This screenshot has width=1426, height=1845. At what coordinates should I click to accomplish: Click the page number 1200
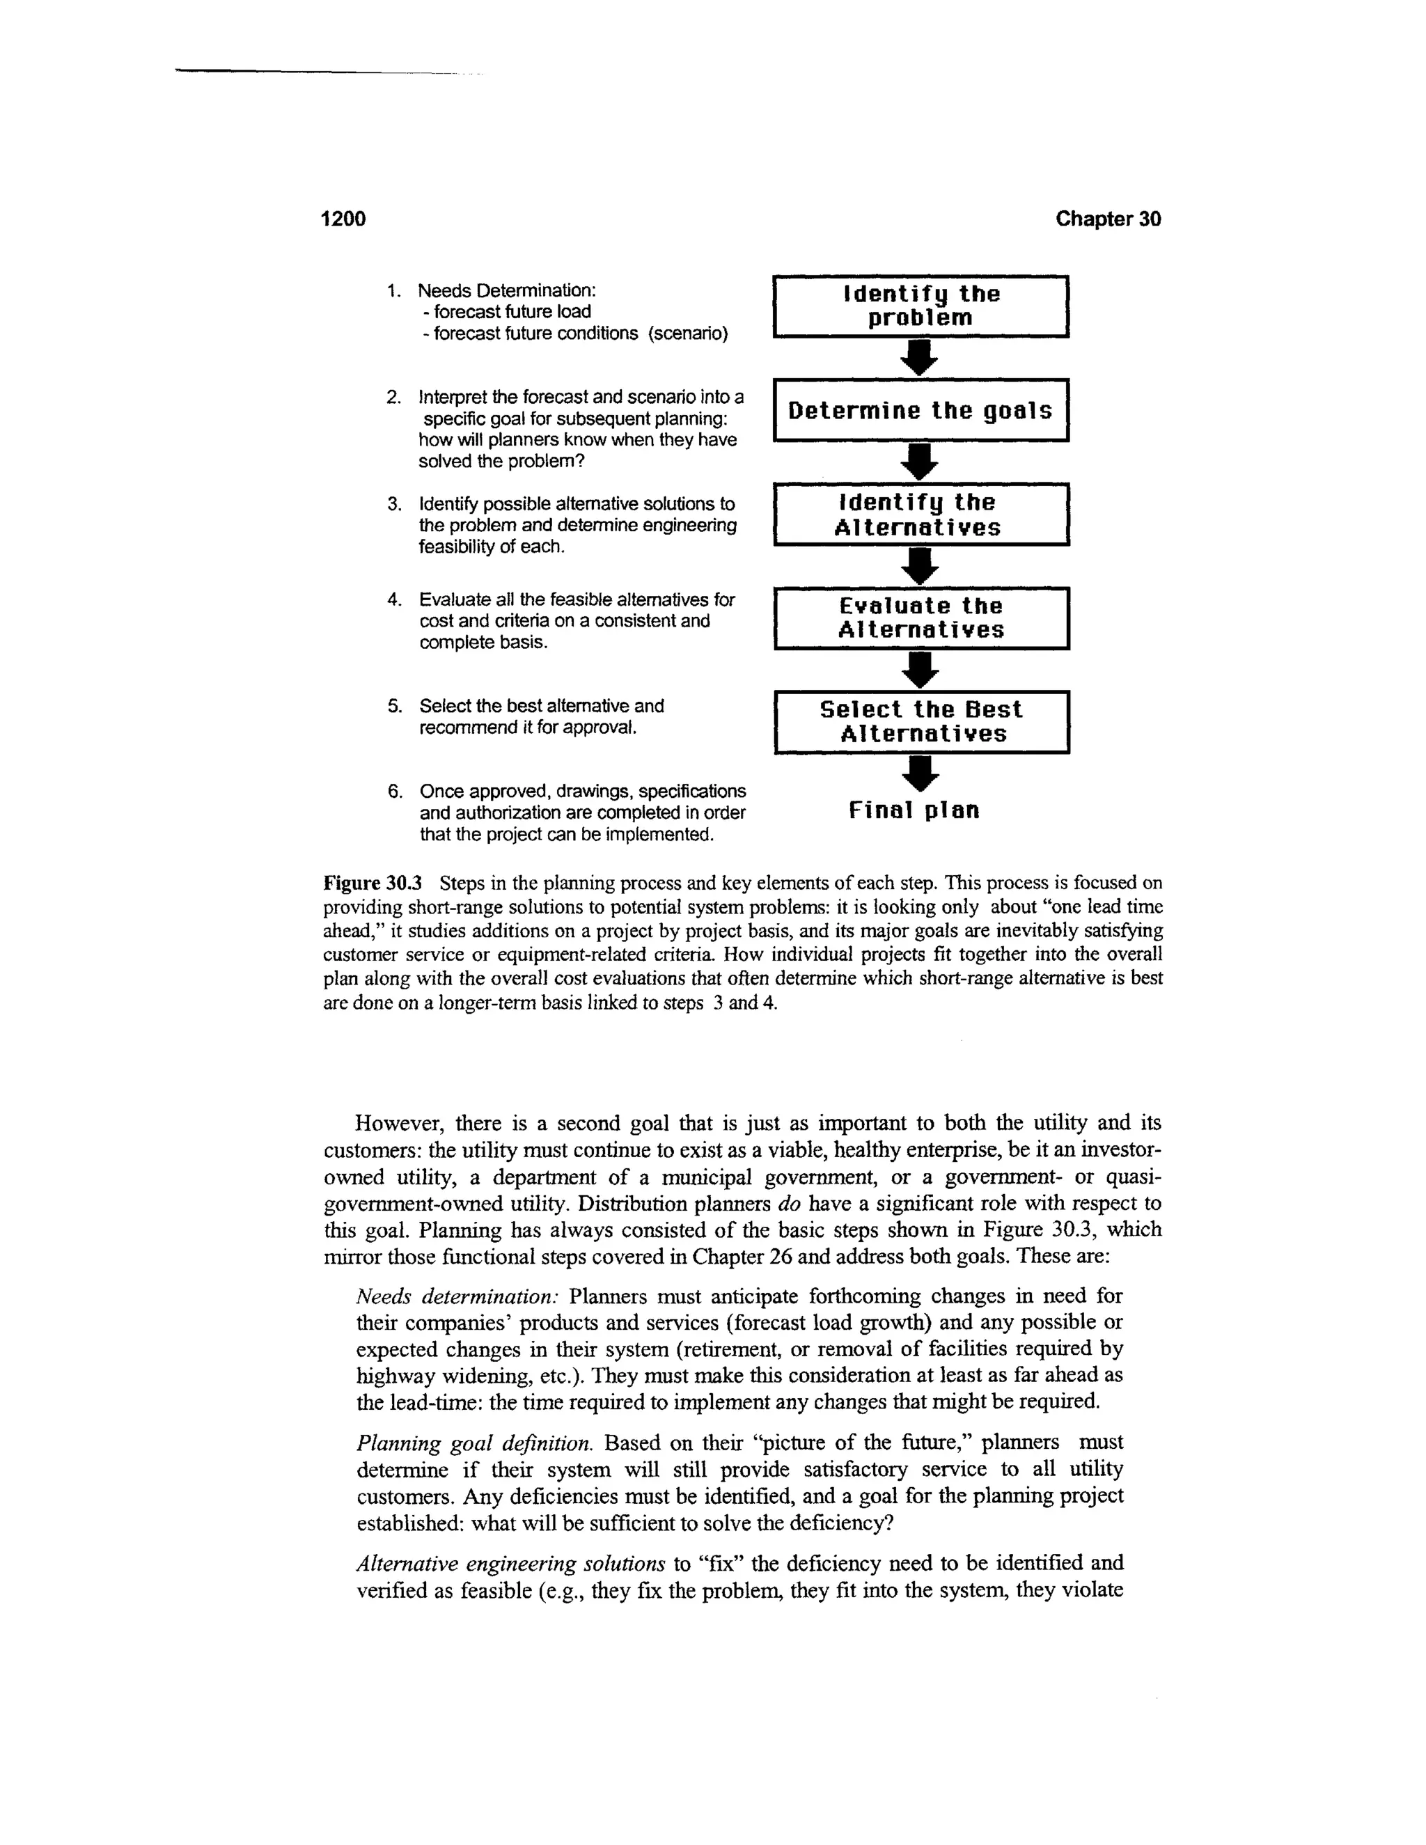pyautogui.click(x=343, y=219)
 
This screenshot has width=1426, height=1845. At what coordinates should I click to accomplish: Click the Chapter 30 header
pyautogui.click(x=1108, y=219)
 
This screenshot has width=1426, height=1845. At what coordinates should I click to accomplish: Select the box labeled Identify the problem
pyautogui.click(x=920, y=306)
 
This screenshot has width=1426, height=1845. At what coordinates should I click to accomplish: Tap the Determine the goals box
pyautogui.click(x=920, y=411)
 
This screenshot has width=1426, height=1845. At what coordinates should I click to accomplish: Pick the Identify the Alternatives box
pyautogui.click(x=920, y=515)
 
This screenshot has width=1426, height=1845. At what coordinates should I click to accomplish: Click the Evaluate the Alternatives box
pyautogui.click(x=920, y=618)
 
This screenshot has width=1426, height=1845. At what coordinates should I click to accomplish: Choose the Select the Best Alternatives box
pyautogui.click(x=920, y=722)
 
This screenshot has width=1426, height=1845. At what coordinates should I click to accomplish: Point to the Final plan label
pyautogui.click(x=914, y=811)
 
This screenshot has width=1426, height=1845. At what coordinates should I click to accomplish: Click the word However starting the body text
pyautogui.click(x=399, y=1124)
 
